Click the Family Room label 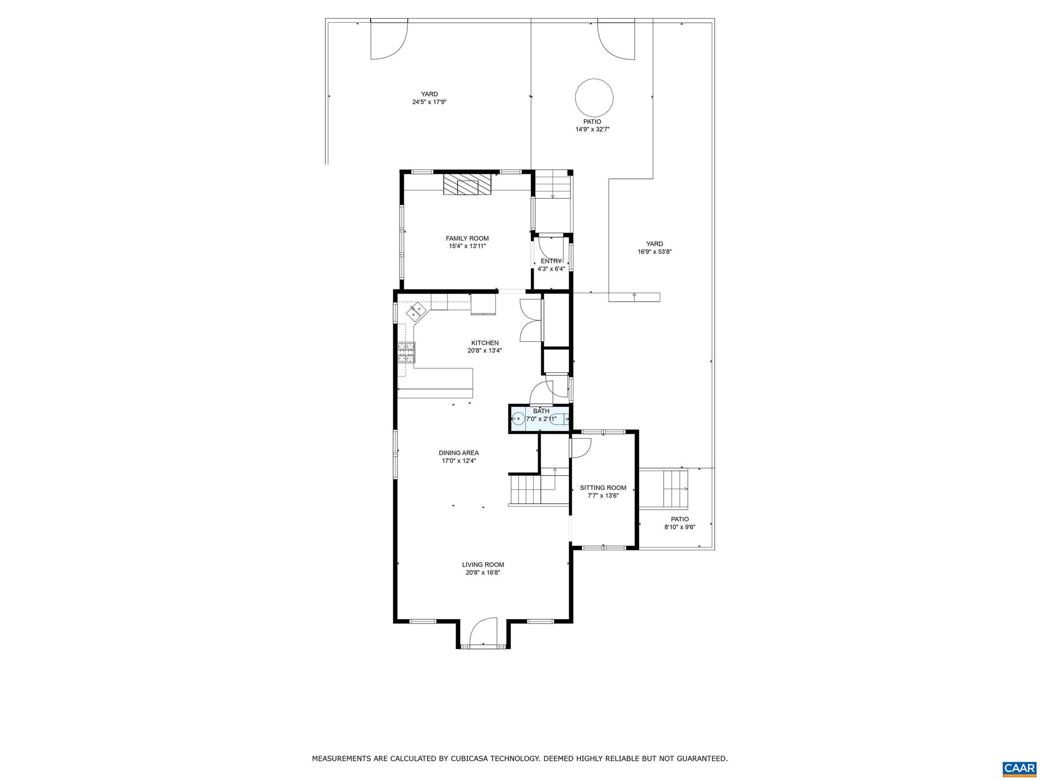click(x=467, y=238)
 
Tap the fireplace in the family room click(x=468, y=185)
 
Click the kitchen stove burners click(x=406, y=352)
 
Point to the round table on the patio click(x=594, y=97)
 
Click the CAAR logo click(x=1019, y=767)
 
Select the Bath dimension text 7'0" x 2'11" click(x=541, y=419)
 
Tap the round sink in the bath click(x=518, y=419)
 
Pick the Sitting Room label click(x=603, y=487)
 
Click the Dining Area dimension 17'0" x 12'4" click(x=459, y=461)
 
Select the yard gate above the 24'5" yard click(x=388, y=40)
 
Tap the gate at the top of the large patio click(x=616, y=40)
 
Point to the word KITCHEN click(x=484, y=343)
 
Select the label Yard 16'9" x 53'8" click(x=655, y=247)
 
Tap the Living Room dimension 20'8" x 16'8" click(x=482, y=572)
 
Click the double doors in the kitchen click(x=530, y=320)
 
